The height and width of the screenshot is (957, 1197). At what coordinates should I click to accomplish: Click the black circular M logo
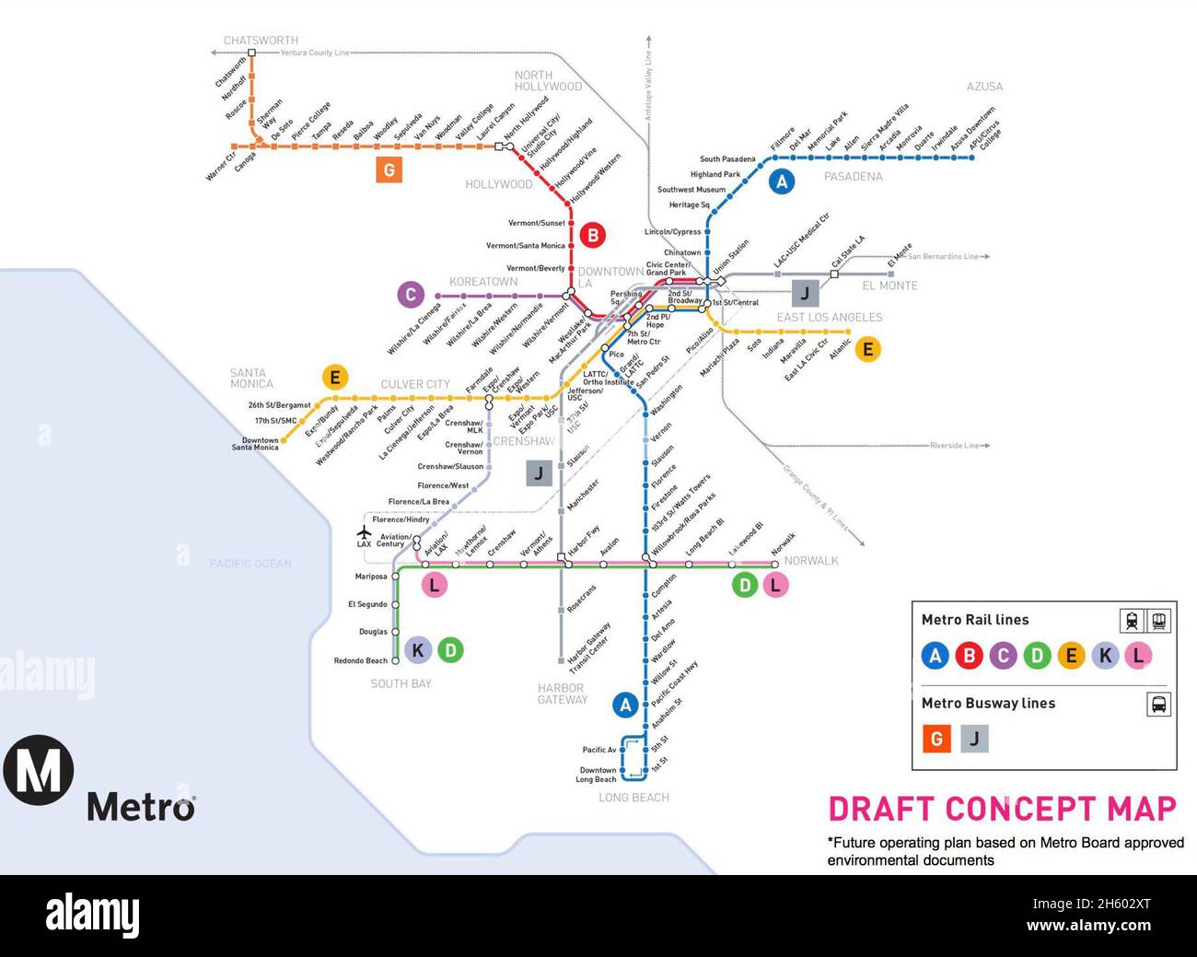38,770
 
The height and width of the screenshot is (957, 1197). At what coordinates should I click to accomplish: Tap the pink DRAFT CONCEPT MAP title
1003,810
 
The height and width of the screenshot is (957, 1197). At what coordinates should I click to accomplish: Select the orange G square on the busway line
389,169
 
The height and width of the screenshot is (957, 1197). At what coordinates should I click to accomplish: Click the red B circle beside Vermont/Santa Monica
592,235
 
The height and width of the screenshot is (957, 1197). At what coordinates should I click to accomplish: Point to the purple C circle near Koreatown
411,295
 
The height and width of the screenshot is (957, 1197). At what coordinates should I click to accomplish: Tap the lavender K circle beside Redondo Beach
417,650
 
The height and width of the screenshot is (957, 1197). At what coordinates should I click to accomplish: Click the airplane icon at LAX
364,532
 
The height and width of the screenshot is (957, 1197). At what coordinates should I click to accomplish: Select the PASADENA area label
853,176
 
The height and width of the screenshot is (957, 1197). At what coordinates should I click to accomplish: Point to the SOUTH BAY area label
401,683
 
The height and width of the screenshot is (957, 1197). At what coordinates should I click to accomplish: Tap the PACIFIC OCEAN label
250,564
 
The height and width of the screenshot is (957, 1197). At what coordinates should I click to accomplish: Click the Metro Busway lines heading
988,703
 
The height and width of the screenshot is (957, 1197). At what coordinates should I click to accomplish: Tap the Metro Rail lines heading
975,620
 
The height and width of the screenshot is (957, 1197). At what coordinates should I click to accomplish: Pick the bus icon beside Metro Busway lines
1158,705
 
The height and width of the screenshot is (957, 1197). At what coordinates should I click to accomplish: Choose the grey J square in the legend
974,739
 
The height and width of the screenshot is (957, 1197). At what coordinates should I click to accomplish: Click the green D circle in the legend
1037,656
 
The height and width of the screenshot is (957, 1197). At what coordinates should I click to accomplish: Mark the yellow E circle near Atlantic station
866,349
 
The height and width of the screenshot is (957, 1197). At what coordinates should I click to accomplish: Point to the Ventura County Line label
315,53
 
